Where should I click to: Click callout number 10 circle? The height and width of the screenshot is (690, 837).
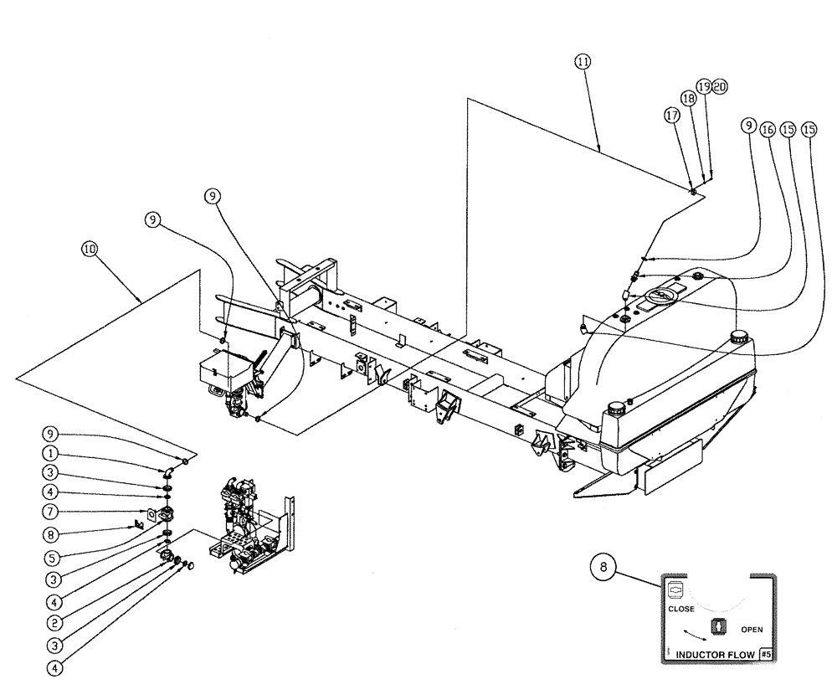(90, 249)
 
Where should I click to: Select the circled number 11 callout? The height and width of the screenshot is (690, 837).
(583, 61)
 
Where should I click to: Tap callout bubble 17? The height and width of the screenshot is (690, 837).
(671, 119)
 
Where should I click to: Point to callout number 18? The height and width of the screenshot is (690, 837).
(688, 98)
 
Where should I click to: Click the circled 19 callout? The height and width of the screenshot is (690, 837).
(704, 86)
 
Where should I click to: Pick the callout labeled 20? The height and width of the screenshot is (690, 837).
(720, 86)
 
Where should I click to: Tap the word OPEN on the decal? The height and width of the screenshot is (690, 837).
(752, 629)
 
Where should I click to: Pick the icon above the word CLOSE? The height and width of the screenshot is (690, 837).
(675, 590)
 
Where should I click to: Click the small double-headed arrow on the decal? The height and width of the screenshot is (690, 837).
(694, 636)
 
